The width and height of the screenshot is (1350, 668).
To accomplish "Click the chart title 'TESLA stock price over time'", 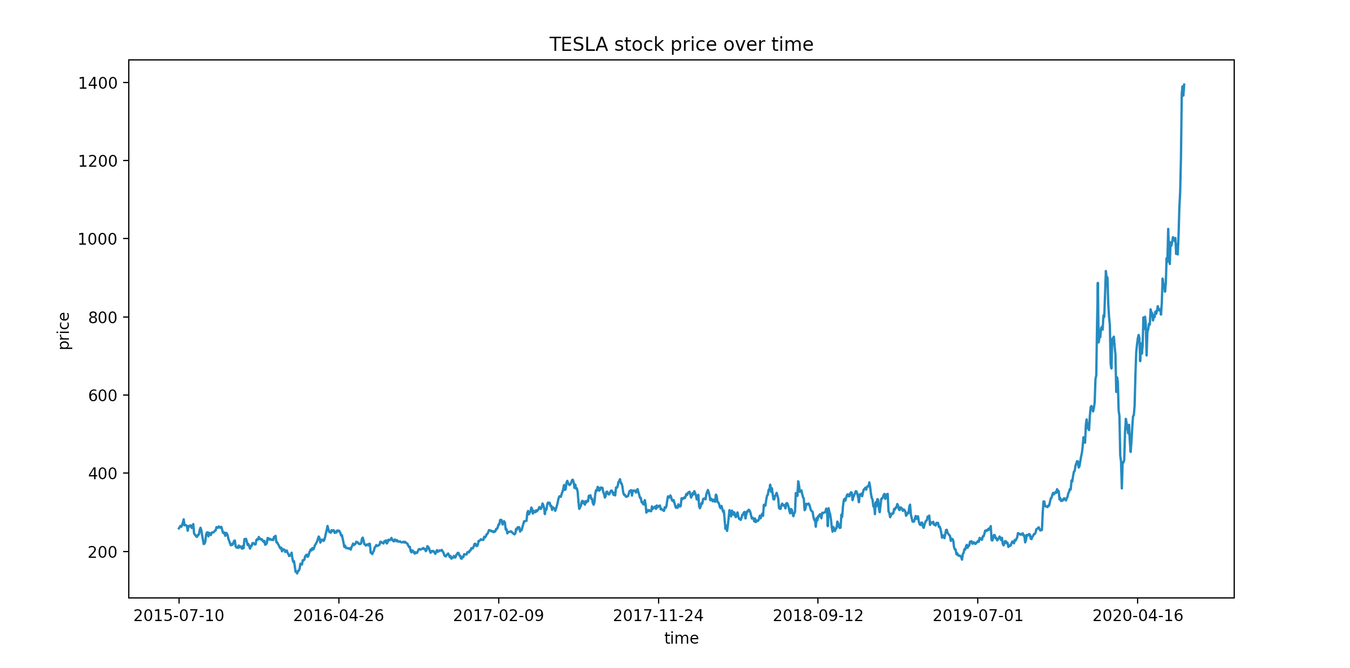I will pyautogui.click(x=681, y=45).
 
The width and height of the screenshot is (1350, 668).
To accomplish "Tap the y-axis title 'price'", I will pyautogui.click(x=64, y=331).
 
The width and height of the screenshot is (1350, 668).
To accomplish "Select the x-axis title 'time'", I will pyautogui.click(x=681, y=638).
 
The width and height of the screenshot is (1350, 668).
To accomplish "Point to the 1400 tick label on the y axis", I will pyautogui.click(x=97, y=83).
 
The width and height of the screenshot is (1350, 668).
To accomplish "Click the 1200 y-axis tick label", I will pyautogui.click(x=97, y=161).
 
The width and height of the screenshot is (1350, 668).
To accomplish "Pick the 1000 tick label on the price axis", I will pyautogui.click(x=97, y=239).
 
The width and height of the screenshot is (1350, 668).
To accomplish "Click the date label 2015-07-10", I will pyautogui.click(x=178, y=615).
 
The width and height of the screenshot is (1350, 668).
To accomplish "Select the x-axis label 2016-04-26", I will pyautogui.click(x=338, y=615).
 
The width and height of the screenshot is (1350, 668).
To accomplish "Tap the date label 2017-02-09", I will pyautogui.click(x=498, y=615).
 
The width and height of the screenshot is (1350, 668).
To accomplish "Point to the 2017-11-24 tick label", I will pyautogui.click(x=658, y=615).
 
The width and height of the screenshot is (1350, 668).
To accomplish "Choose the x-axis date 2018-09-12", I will pyautogui.click(x=818, y=615).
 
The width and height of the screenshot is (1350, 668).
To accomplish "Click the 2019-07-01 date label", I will pyautogui.click(x=978, y=615).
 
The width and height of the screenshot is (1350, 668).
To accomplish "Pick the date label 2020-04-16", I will pyautogui.click(x=1138, y=615).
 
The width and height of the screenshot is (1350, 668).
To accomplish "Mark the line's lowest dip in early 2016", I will pyautogui.click(x=297, y=573).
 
